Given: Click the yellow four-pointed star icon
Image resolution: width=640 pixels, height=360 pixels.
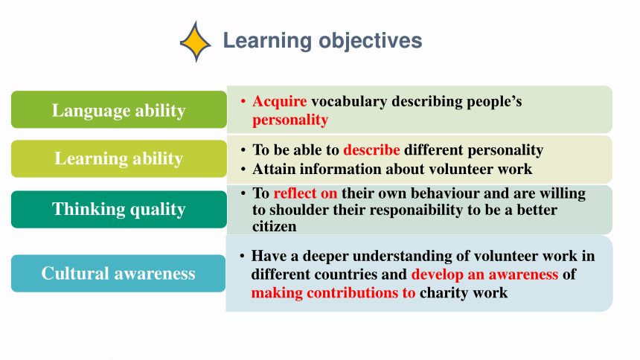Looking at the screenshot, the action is click(196, 42).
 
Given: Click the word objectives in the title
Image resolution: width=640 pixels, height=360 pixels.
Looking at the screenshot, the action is click(370, 41).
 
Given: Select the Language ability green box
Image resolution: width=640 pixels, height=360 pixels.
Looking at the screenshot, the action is click(119, 109).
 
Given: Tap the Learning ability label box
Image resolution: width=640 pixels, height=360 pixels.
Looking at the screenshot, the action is click(119, 158).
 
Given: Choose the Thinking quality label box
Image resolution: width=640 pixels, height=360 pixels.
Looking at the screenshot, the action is click(119, 209).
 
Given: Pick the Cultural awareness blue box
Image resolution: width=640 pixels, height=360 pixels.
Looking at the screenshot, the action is click(118, 273).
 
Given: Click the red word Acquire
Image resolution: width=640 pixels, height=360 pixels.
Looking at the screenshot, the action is click(280, 101).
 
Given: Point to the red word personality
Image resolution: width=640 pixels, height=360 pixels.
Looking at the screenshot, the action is click(290, 120).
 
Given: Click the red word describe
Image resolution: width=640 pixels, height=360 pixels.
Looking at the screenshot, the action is click(371, 150).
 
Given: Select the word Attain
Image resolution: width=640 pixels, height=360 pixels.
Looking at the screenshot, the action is click(274, 169).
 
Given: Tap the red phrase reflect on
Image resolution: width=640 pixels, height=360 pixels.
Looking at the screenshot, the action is click(305, 193).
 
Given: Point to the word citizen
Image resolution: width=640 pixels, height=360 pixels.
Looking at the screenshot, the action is click(275, 226).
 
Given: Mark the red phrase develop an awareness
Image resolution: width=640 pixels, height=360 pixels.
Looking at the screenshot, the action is click(484, 274).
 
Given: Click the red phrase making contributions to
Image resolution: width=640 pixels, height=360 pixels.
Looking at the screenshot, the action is click(333, 292).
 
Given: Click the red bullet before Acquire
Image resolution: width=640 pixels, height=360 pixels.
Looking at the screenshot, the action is click(243, 101).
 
